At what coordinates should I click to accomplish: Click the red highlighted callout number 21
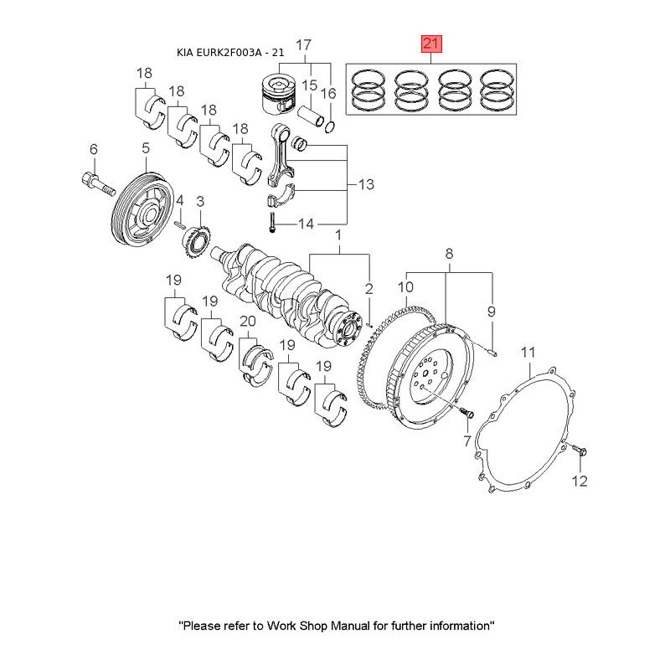click(x=431, y=44)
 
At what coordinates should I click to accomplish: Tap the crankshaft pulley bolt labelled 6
click(x=98, y=183)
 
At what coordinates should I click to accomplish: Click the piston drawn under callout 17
click(x=278, y=95)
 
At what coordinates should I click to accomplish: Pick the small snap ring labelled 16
click(x=329, y=127)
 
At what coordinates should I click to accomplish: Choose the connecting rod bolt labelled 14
click(x=271, y=223)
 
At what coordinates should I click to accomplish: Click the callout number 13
click(x=366, y=184)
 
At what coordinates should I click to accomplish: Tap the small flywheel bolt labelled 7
click(x=466, y=413)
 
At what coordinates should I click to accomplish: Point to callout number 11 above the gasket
click(x=528, y=353)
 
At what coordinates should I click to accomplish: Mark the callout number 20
click(x=248, y=321)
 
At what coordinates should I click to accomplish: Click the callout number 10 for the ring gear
click(x=405, y=287)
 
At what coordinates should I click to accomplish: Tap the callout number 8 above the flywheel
click(x=449, y=254)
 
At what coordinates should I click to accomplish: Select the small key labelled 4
click(x=180, y=224)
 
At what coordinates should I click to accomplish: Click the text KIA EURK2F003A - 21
click(x=230, y=53)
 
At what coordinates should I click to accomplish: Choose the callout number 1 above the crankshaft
click(x=338, y=235)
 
